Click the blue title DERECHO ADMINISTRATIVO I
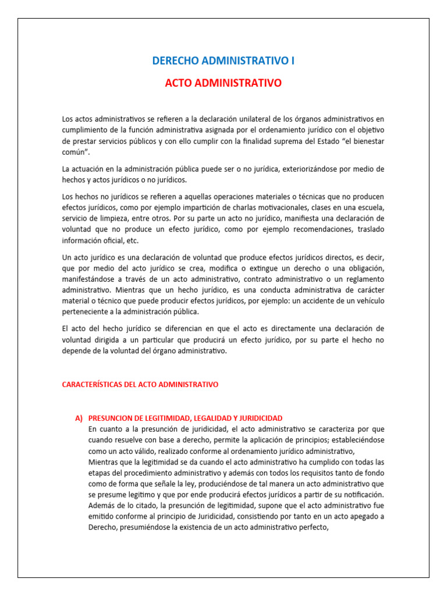point(223,61)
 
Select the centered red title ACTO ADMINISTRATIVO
point(223,83)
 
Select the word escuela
point(368,207)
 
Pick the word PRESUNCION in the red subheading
point(113,418)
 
